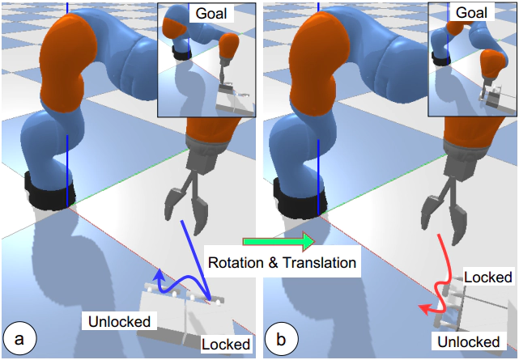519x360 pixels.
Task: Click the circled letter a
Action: [19, 339]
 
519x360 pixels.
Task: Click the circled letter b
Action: [281, 340]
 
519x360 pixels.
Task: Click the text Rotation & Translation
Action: [282, 263]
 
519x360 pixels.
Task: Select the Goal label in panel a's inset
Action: [211, 14]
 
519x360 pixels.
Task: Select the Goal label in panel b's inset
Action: [471, 13]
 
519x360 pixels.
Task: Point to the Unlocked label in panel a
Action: [120, 321]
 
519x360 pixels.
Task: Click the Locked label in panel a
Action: [226, 344]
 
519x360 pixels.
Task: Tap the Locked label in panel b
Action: [488, 277]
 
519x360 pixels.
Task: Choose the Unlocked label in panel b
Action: [468, 341]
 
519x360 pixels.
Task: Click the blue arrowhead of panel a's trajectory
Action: [160, 275]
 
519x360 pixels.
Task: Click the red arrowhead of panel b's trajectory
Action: [425, 310]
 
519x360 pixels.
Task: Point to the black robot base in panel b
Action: [302, 197]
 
